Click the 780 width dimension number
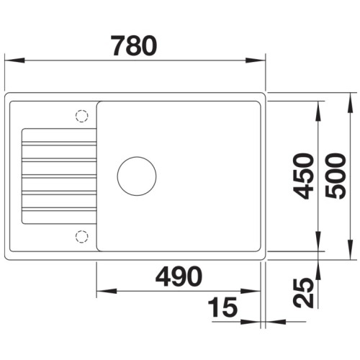(x=134, y=46)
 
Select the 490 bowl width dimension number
(x=176, y=276)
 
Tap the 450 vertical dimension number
(x=305, y=176)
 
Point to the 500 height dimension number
(x=337, y=176)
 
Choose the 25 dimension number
(x=305, y=292)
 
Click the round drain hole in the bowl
(x=137, y=176)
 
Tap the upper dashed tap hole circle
(x=81, y=115)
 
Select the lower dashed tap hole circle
(x=81, y=235)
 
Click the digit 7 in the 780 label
(x=117, y=46)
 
